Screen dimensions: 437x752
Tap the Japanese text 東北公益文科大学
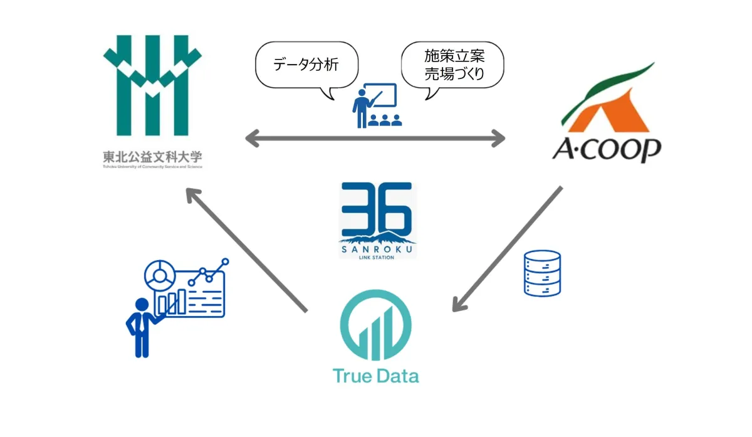click(x=153, y=156)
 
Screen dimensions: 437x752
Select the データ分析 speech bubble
click(x=306, y=66)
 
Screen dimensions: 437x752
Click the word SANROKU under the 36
click(x=377, y=247)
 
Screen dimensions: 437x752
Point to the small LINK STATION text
click(x=377, y=256)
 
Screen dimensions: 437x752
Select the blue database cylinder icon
click(x=542, y=273)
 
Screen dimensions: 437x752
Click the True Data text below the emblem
click(x=375, y=376)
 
